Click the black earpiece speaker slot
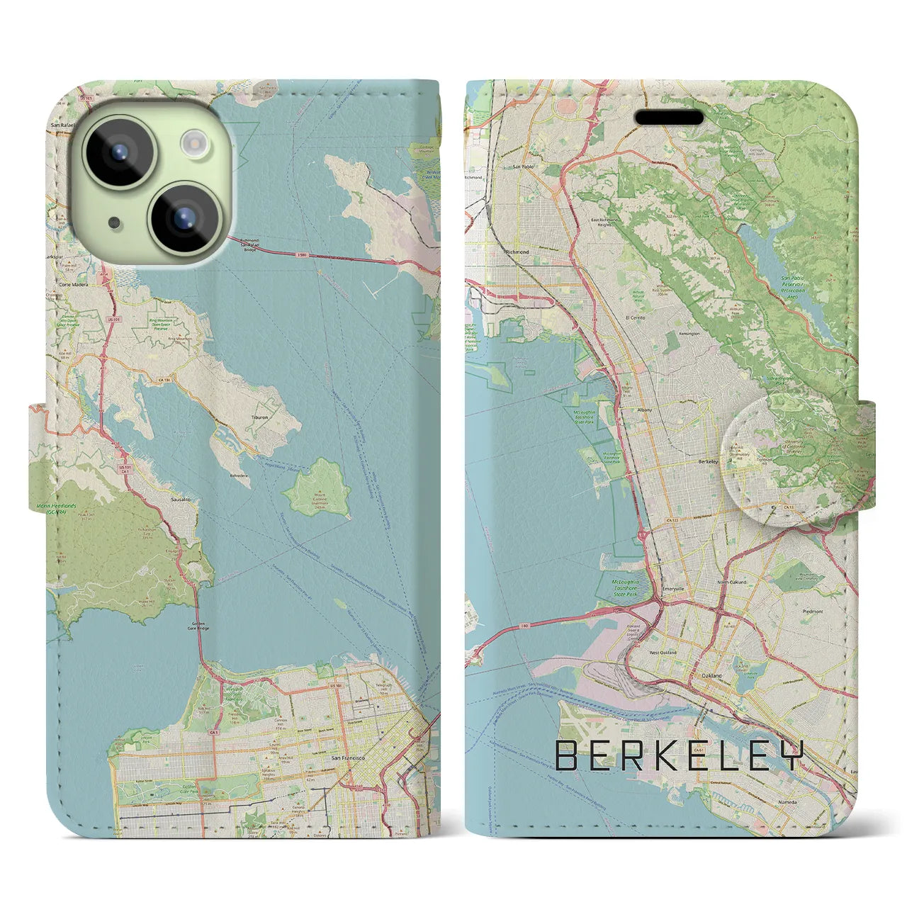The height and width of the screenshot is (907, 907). tap(669, 117)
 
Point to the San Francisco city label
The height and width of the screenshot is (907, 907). tap(348, 758)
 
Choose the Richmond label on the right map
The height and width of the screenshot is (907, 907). tap(517, 252)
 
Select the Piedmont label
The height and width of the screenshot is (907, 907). tap(813, 612)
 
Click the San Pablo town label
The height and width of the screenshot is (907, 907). tap(523, 168)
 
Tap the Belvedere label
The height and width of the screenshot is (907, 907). tap(241, 459)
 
